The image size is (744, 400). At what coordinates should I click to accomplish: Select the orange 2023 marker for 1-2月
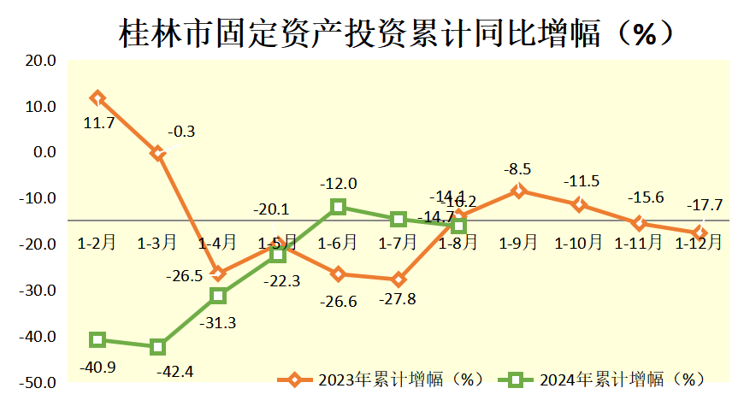click(x=97, y=98)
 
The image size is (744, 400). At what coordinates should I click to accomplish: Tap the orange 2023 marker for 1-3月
click(x=157, y=153)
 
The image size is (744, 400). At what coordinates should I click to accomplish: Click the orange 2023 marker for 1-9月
click(x=518, y=191)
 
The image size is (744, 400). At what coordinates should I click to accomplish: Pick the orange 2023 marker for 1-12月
click(x=700, y=232)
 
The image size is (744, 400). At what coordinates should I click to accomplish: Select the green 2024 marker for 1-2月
click(x=97, y=340)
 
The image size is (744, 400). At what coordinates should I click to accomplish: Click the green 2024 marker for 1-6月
click(x=339, y=207)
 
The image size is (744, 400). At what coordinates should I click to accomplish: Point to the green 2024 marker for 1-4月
click(x=218, y=296)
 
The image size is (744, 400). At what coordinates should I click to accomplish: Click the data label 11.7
click(x=99, y=123)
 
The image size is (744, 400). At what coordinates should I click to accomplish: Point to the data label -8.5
click(x=519, y=168)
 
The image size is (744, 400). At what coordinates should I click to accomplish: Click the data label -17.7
click(x=705, y=205)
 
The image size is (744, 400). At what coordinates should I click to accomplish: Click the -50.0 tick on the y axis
click(x=38, y=383)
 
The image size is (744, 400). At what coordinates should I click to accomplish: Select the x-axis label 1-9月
click(x=518, y=243)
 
